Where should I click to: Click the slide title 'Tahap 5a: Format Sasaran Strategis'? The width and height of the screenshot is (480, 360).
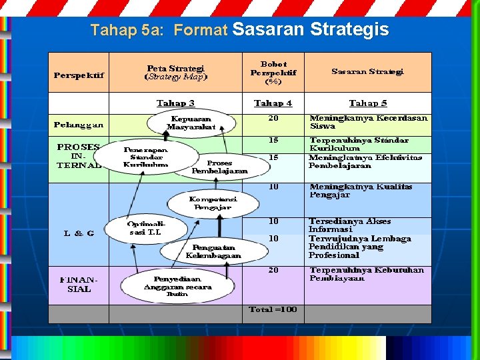click(239, 30)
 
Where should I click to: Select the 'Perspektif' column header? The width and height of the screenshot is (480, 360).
click(79, 75)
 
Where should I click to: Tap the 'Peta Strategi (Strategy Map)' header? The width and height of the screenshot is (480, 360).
click(176, 72)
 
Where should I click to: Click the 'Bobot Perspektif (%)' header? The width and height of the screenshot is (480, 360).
click(273, 73)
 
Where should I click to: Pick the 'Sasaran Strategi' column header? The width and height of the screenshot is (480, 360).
click(367, 72)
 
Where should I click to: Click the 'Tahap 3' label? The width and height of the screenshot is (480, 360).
click(176, 103)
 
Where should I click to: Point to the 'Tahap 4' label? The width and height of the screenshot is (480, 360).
click(273, 103)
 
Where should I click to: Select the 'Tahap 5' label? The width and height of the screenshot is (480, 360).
click(368, 103)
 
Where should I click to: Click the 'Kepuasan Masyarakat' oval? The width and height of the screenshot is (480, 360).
click(191, 123)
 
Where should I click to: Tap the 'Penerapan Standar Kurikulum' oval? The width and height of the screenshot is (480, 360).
click(146, 157)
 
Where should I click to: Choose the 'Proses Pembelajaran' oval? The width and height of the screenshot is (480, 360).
click(219, 167)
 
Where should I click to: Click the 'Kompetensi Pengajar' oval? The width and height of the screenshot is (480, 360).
click(213, 203)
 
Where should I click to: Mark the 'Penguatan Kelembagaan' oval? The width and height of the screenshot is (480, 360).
click(213, 251)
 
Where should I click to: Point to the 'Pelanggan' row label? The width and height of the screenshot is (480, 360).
click(79, 125)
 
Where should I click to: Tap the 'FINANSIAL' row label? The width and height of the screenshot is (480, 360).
click(79, 285)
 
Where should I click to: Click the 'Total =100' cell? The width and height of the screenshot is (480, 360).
click(273, 309)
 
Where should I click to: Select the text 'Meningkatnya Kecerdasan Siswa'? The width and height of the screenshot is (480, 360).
click(368, 122)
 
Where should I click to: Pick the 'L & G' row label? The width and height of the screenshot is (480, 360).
click(79, 233)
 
